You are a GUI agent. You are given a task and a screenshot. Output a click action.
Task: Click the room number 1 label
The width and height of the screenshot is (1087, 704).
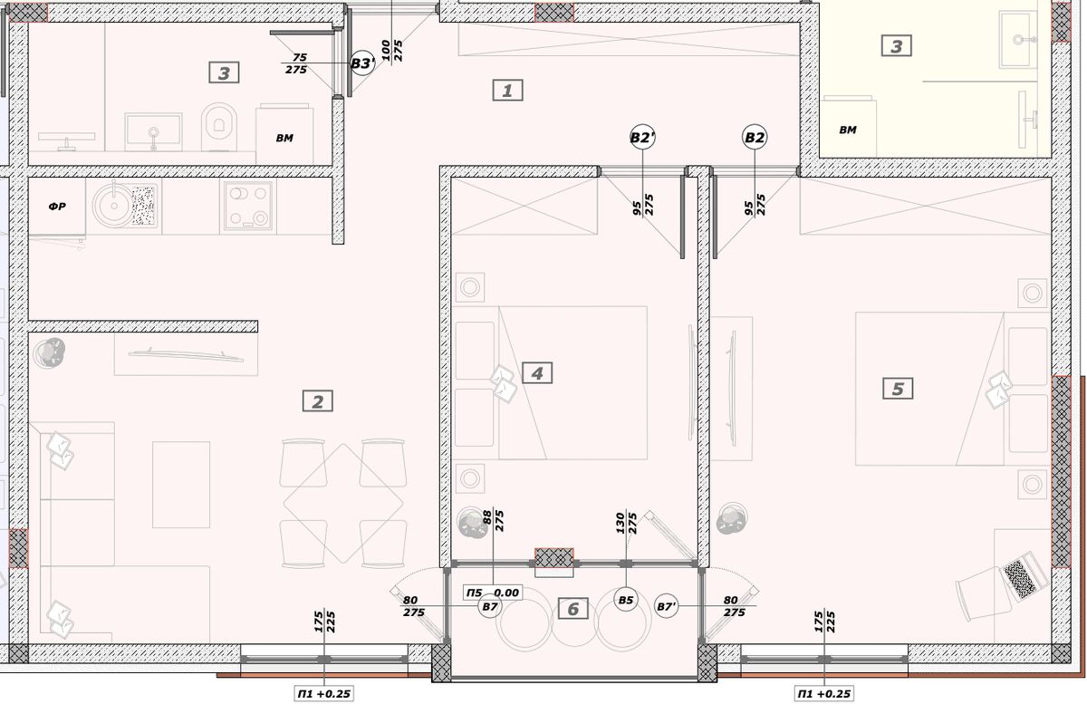pos(507,91)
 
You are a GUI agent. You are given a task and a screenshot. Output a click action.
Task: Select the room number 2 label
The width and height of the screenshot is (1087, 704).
pos(317,401)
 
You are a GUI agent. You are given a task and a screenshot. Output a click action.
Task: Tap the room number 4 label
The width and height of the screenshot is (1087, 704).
pos(536,373)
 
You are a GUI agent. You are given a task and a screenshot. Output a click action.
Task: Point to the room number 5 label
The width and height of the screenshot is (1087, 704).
pos(898,389)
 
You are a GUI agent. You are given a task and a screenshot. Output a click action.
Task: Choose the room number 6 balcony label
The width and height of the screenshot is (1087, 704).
pos(572,608)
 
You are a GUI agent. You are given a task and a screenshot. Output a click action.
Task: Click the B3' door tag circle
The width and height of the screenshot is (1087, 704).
pos(362,63)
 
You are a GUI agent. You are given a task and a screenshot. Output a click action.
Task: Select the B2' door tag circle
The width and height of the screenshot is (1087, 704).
pos(642,138)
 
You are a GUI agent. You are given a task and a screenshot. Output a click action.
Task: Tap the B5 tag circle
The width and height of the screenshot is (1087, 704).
pos(626,600)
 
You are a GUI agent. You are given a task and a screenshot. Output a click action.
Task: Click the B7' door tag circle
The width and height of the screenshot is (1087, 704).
pos(666,606)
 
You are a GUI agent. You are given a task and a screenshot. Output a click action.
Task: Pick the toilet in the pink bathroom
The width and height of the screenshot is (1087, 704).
pos(219,127)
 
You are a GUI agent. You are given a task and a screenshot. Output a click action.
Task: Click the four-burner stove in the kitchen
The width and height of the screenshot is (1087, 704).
pos(248,206)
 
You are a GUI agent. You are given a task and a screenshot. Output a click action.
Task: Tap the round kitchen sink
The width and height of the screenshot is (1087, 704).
pos(113,206)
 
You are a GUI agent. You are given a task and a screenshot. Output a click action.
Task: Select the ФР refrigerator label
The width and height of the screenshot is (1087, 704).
pos(57,207)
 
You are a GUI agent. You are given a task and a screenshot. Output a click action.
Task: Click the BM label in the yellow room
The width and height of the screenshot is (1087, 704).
pos(848,130)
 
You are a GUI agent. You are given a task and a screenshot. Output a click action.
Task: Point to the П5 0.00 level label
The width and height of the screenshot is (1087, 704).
pos(493,593)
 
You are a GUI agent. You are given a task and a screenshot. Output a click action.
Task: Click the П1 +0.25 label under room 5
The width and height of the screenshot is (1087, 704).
pos(824,693)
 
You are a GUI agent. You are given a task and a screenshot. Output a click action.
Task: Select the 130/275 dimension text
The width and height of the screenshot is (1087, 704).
pos(626,523)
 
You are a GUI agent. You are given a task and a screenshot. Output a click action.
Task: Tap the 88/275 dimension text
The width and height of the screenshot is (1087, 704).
pos(494,520)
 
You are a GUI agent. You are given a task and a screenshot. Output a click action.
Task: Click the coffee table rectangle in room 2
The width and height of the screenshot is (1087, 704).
pos(181,484)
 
